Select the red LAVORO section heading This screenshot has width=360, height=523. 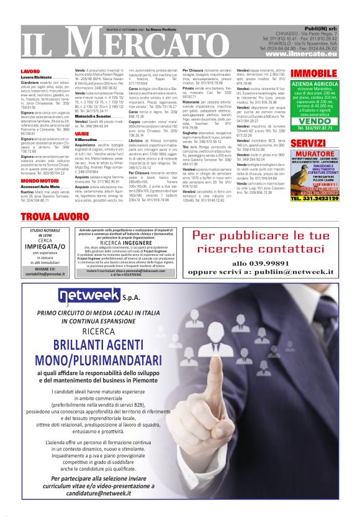[x=30, y=72]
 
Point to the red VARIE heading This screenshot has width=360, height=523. [x=82, y=134]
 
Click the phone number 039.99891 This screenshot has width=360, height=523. [x=247, y=263]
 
